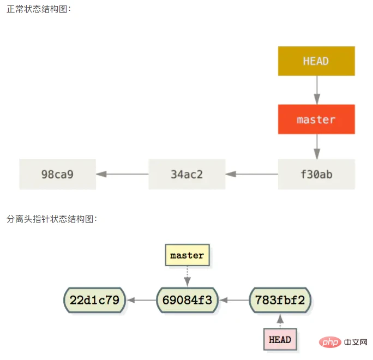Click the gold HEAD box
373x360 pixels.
tap(316, 61)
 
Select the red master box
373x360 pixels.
tap(316, 119)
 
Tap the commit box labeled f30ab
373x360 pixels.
tap(316, 175)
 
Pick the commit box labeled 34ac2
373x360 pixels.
tap(187, 175)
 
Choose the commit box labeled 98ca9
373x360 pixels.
tap(57, 175)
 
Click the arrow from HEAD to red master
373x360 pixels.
tap(316, 90)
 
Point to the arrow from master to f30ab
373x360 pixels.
tap(316, 147)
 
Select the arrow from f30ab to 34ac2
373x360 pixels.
tap(251, 175)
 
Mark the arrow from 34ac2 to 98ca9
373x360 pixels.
tap(122, 175)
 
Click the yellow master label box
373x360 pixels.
tap(187, 255)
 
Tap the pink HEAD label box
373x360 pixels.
tap(280, 339)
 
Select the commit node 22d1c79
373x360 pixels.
tap(94, 299)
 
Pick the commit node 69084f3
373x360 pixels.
tap(187, 299)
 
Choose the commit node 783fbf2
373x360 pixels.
tap(280, 299)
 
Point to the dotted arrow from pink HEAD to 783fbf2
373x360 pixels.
tap(280, 321)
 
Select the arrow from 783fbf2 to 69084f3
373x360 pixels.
tap(233, 299)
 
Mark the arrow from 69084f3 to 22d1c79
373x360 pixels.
tap(141, 299)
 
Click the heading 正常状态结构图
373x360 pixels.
tap(39, 9)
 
